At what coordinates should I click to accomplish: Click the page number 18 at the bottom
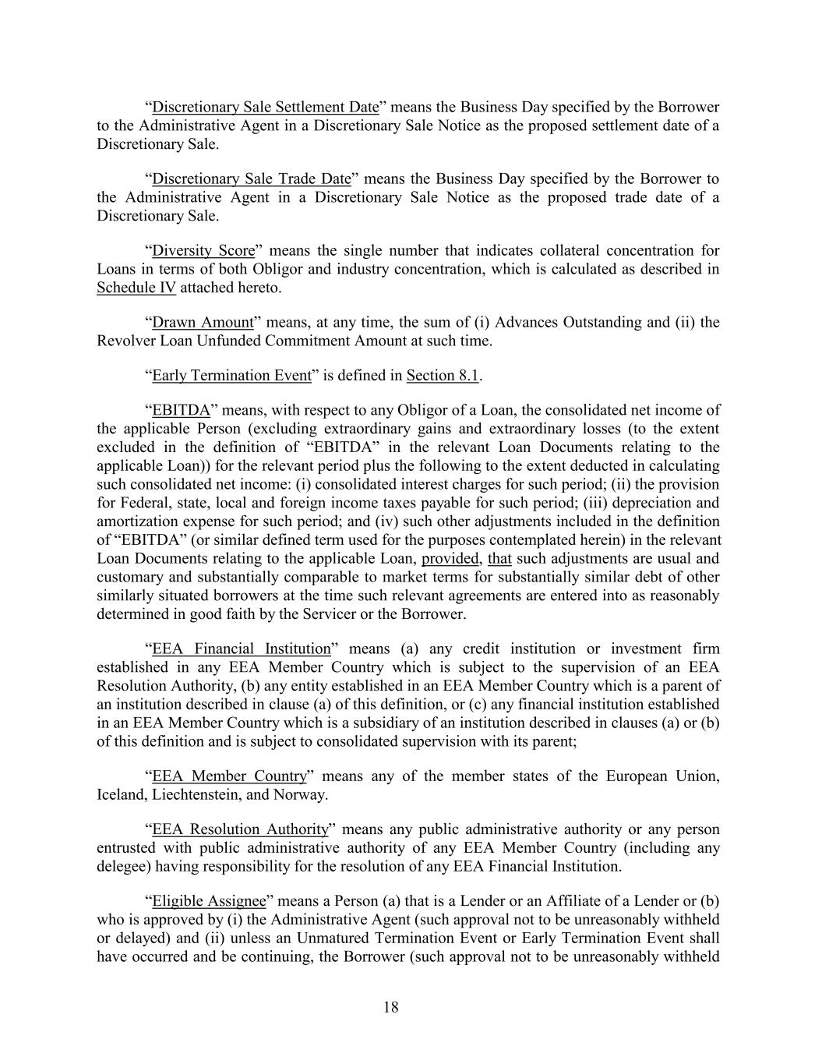tap(391, 1007)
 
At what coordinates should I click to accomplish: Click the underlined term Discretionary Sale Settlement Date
tap(265, 107)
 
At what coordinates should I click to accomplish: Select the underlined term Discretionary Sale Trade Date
tap(251, 179)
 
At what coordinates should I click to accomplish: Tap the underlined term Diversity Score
tap(203, 250)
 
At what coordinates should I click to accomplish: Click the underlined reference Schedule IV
tap(136, 288)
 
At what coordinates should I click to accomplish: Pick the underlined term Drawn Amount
tap(203, 322)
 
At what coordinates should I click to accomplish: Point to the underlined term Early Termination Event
tap(231, 375)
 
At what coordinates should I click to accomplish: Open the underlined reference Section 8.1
tap(442, 375)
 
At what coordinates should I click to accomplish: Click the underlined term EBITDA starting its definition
tap(181, 410)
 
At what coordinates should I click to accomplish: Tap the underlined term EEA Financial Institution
tap(241, 649)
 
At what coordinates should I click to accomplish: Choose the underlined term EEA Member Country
tap(229, 776)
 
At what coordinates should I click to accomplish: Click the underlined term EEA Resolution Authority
tap(239, 829)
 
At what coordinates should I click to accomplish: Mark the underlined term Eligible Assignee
tap(209, 901)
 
